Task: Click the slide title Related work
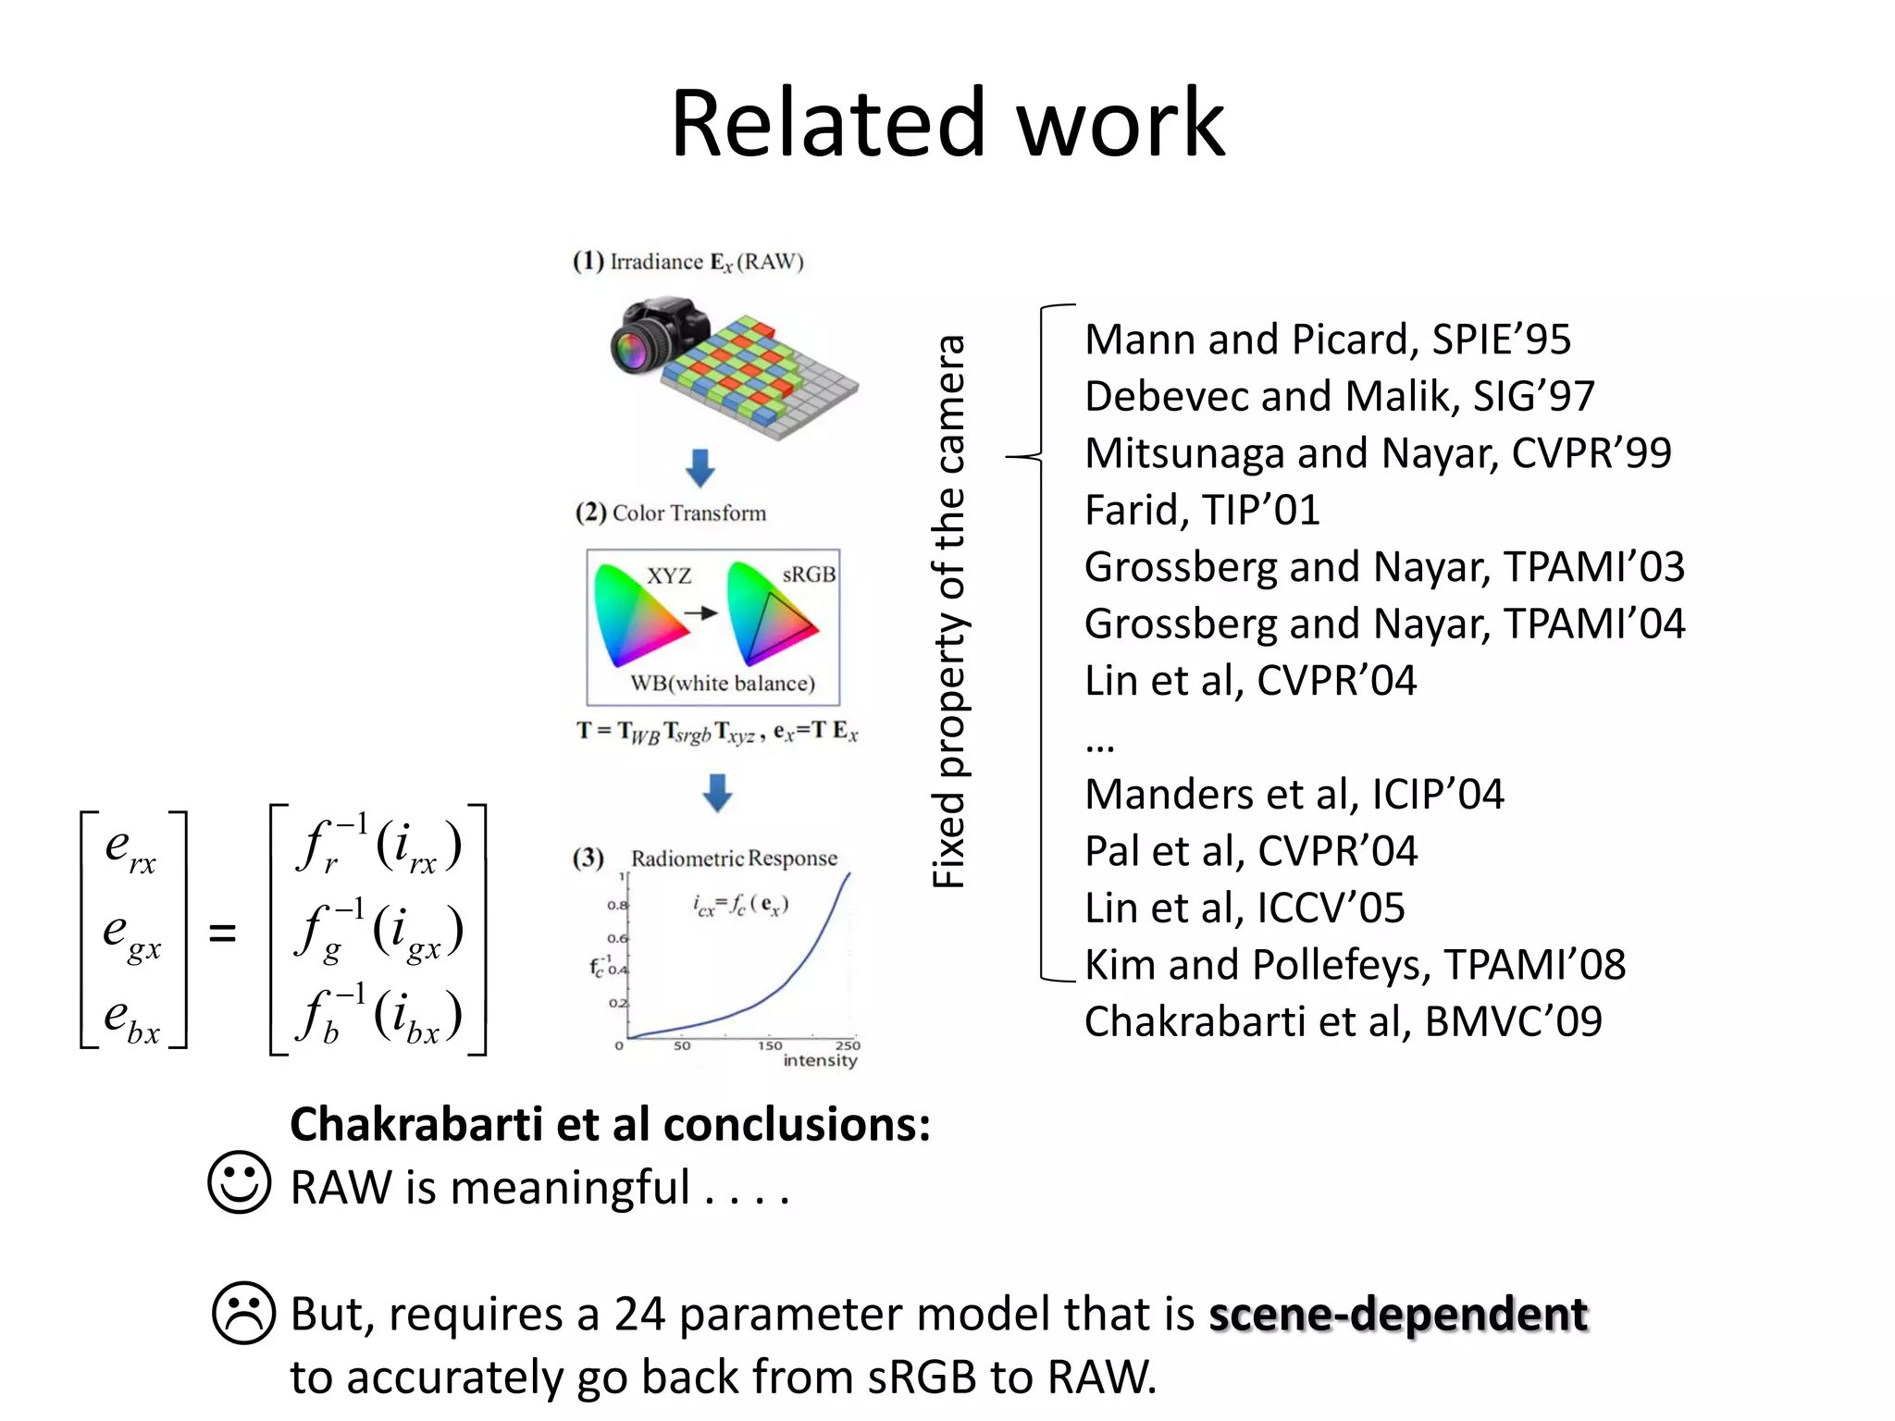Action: (x=947, y=123)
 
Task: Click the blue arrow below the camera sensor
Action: (x=700, y=467)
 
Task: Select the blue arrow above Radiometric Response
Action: (x=717, y=793)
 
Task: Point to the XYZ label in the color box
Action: (x=668, y=575)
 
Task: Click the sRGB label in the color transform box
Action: (x=808, y=575)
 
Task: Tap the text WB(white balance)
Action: (x=723, y=684)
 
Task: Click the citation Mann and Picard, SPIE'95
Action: (x=1327, y=340)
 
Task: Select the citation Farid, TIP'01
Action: (x=1201, y=510)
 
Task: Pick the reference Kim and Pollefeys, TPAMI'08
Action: (x=1355, y=965)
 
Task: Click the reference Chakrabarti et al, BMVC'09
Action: (x=1343, y=1021)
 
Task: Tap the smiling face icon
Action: (x=240, y=1182)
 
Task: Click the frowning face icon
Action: (x=244, y=1313)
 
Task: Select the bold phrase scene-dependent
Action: (x=1398, y=1314)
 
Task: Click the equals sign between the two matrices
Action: (x=222, y=933)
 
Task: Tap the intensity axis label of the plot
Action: (x=820, y=1060)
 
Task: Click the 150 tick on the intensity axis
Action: (x=770, y=1045)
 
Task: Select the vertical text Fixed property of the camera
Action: (x=948, y=611)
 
